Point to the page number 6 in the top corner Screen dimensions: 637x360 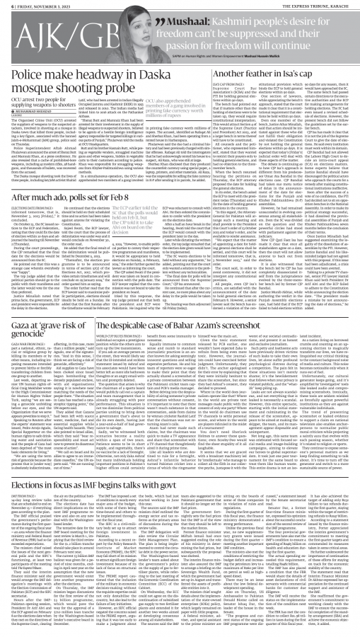tap(6, 5)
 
